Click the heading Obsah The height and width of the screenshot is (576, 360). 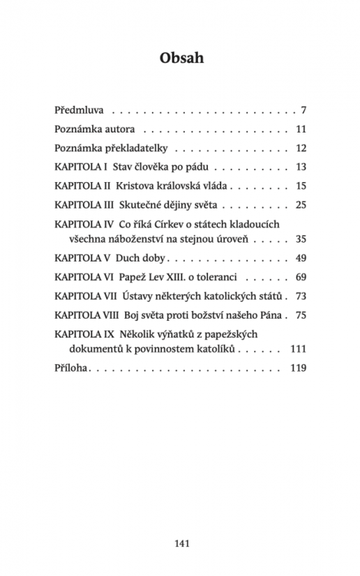click(x=179, y=59)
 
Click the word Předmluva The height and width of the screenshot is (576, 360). click(x=80, y=110)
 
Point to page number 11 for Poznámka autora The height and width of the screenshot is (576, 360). click(x=301, y=129)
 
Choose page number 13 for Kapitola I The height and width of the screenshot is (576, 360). click(x=301, y=167)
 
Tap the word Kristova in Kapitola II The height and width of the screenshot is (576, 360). click(x=137, y=186)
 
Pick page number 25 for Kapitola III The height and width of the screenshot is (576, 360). click(x=301, y=205)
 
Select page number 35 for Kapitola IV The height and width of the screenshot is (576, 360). click(x=301, y=238)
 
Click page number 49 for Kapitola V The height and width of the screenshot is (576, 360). click(x=301, y=257)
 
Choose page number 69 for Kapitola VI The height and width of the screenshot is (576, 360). click(x=301, y=276)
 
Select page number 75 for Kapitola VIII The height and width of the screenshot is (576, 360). click(x=301, y=314)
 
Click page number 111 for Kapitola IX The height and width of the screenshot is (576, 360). click(x=299, y=348)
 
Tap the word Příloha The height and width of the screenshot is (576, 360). click(x=70, y=367)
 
